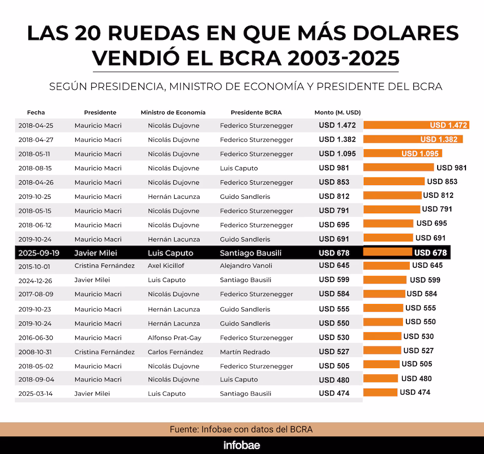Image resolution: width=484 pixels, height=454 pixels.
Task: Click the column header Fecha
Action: coord(36,113)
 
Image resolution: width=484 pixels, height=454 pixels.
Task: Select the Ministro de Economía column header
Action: coord(173,113)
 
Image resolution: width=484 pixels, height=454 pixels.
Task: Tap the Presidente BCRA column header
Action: coord(256,113)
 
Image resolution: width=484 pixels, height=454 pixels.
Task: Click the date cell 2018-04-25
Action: coord(36,126)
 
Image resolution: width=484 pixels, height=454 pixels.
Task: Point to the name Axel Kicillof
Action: coord(168,266)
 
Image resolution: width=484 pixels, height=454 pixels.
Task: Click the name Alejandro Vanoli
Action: coord(246,266)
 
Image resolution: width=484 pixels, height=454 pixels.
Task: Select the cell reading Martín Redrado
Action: coord(245,352)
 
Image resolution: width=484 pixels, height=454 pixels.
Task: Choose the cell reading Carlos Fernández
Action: coord(176,352)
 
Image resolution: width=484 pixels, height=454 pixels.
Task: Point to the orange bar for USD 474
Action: coord(381,393)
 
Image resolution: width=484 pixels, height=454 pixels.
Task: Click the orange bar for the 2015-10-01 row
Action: coord(386,266)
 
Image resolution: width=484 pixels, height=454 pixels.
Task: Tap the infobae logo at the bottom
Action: coord(242,445)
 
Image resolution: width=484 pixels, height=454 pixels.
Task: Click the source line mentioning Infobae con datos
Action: coord(241,430)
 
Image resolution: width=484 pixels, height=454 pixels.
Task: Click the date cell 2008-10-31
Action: coord(36,352)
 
